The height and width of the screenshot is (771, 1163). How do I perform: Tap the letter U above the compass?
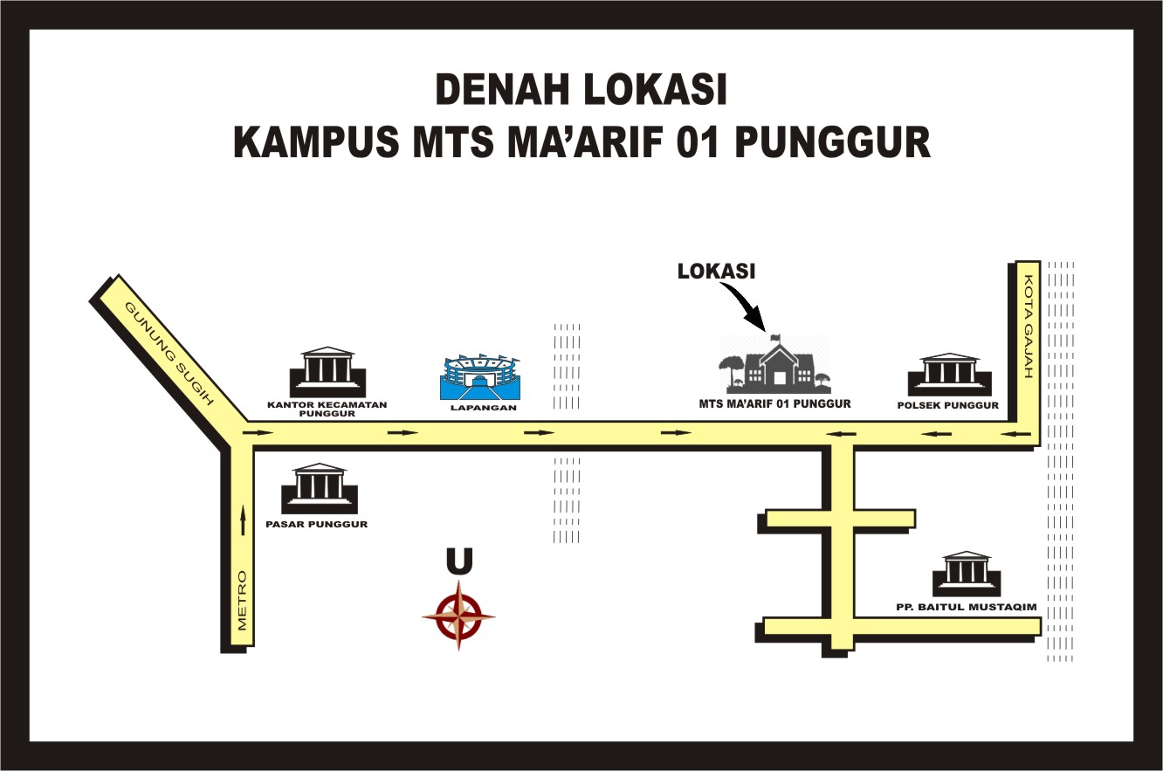pos(459,562)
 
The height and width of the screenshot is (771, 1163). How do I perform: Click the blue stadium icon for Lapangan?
pos(478,378)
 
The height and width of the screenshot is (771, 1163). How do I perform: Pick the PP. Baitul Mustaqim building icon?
pos(967,574)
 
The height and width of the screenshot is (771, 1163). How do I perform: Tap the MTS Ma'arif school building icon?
pos(774,365)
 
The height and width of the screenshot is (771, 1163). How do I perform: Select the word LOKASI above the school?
pos(716,272)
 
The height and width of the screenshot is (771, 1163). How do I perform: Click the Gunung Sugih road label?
pos(169,354)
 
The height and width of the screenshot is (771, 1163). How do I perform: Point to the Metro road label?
pos(244,601)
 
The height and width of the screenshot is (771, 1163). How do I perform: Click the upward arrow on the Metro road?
pos(244,521)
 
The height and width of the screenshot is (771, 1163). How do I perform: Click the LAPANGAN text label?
pos(479,408)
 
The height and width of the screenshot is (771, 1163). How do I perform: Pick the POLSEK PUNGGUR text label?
pos(948,405)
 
